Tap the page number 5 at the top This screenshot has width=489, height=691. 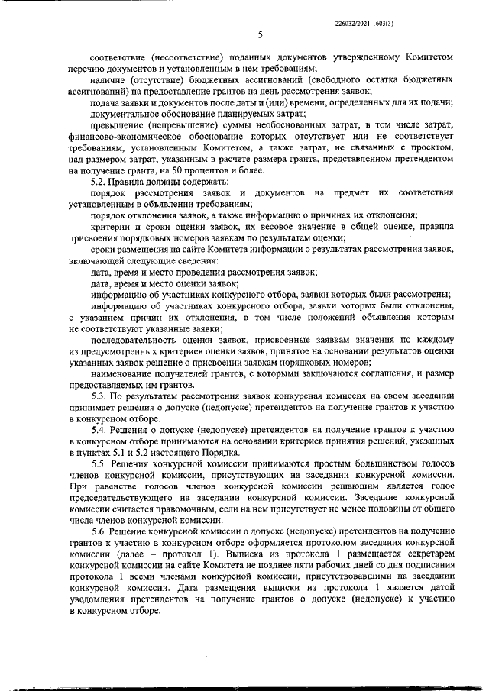click(260, 34)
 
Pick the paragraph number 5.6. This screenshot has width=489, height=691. click(100, 530)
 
